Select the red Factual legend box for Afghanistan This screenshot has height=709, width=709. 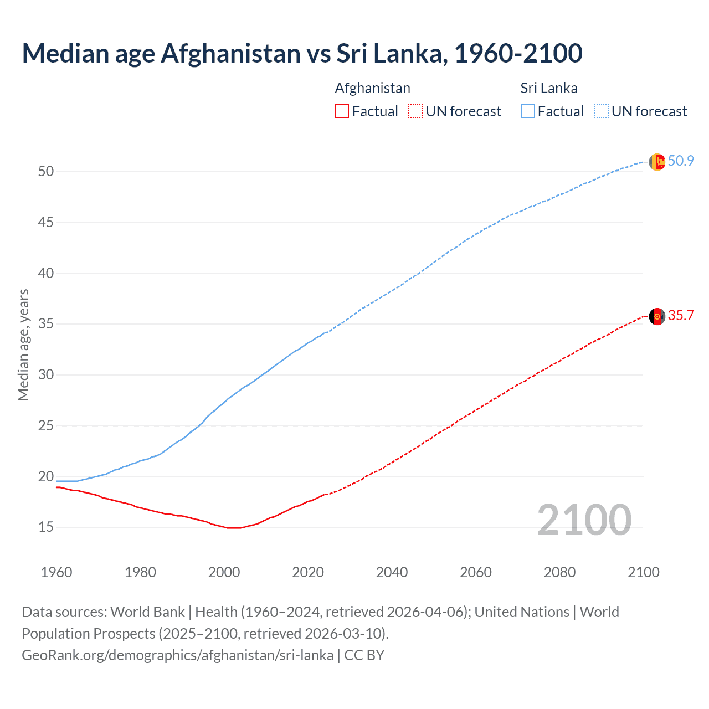tap(342, 111)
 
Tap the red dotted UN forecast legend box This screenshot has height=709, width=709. tap(415, 111)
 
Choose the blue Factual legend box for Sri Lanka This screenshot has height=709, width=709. tap(527, 111)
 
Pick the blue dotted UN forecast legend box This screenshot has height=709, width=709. tap(601, 111)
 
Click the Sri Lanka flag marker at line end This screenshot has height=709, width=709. tap(656, 162)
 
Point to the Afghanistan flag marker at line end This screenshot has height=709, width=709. tap(656, 316)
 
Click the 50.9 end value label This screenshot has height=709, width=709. tap(681, 161)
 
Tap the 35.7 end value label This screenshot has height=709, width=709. tap(681, 316)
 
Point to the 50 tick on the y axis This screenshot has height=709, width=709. tap(46, 172)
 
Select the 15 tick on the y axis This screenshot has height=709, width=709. tap(46, 527)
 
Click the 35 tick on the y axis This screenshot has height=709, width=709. tap(46, 324)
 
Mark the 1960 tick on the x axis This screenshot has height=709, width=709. tap(56, 572)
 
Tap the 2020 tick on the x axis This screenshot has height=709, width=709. tap(308, 572)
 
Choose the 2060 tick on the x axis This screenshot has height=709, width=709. tap(476, 572)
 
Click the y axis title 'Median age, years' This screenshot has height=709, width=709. tap(23, 345)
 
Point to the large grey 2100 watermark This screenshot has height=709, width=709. tap(584, 520)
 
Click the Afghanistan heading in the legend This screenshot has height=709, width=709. tap(372, 88)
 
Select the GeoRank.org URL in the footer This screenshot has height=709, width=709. tap(177, 655)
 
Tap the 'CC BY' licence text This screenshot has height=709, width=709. tap(364, 655)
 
